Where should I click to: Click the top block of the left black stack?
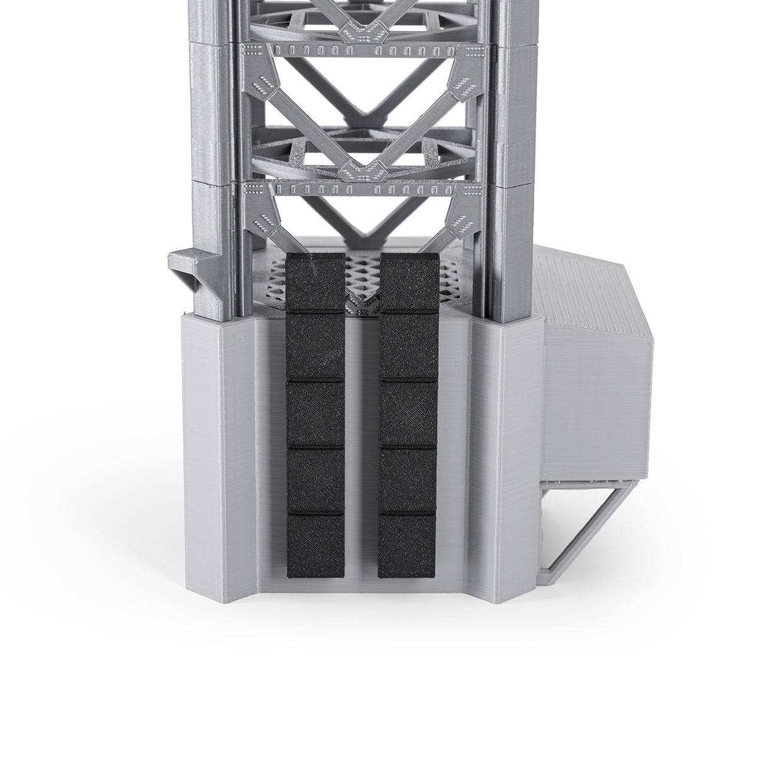pyautogui.click(x=316, y=280)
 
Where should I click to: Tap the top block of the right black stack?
pyautogui.click(x=408, y=280)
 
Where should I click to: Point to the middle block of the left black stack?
pyautogui.click(x=316, y=411)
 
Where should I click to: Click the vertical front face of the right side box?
pyautogui.click(x=586, y=403)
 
